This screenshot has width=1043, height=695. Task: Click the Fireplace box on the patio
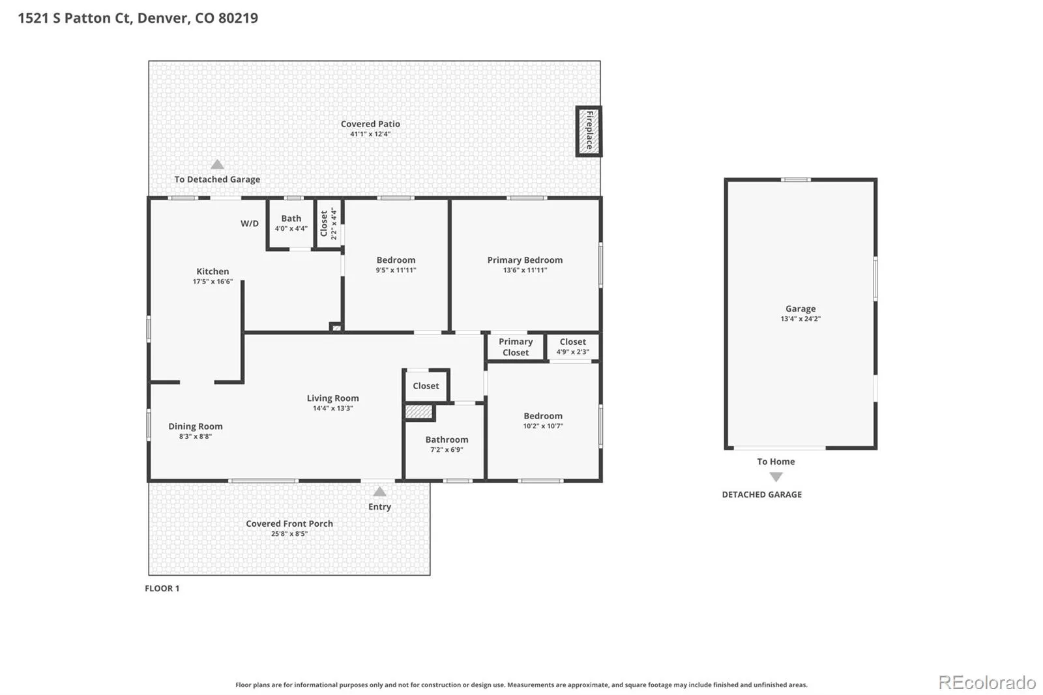point(589,131)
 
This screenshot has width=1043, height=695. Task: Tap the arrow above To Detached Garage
point(218,164)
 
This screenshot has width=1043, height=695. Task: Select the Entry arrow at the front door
point(379,492)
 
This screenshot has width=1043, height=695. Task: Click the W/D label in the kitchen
point(250,224)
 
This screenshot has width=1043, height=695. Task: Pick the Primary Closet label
point(516,347)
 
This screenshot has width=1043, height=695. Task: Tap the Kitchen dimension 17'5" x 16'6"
point(213,282)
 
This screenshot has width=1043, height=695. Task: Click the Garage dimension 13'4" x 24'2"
point(801,319)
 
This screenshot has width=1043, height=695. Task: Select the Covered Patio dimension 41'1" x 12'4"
point(370,134)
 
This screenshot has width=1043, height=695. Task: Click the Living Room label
point(333,398)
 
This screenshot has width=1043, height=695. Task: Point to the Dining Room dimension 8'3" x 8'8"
point(196,436)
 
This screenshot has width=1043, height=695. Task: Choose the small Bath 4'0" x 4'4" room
point(291,224)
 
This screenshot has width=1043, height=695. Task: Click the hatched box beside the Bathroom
point(419,412)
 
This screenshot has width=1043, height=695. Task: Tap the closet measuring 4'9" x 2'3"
point(573,347)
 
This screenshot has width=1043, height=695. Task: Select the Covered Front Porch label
point(289,524)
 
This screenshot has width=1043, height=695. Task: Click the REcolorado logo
point(987,683)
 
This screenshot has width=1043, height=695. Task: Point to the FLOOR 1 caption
point(162,588)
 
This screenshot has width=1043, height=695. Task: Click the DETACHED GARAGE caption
point(762,495)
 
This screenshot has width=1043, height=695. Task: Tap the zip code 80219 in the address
point(238,18)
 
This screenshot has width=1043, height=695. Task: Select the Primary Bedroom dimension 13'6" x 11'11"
point(525,270)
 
